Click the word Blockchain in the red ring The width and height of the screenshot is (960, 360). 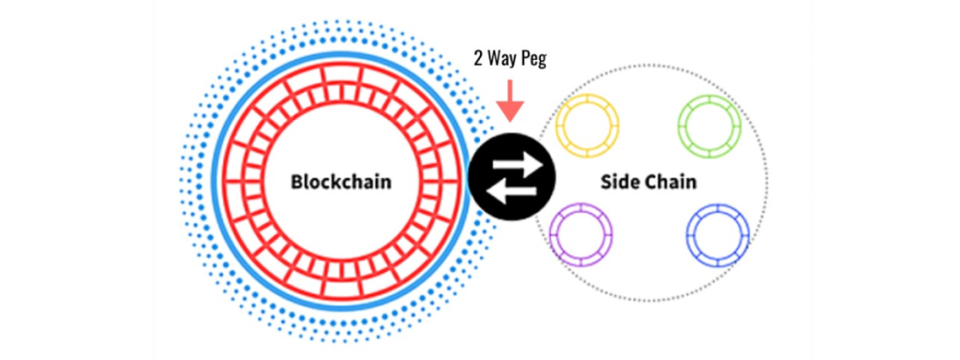click(340, 182)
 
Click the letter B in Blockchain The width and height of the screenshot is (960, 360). click(296, 182)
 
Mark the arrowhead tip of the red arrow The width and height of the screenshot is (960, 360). click(511, 119)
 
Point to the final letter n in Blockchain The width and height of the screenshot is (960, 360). click(385, 183)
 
